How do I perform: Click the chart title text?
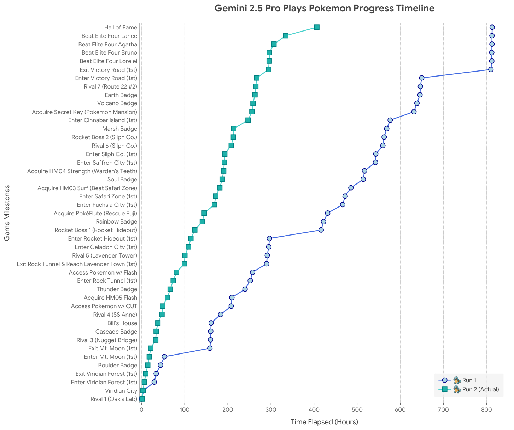click(324, 8)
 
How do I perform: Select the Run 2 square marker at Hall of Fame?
click(317, 27)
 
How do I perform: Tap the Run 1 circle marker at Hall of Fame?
click(492, 27)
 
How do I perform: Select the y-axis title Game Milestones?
click(7, 213)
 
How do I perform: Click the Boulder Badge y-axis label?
click(117, 366)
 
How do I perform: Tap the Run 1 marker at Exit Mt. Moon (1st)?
click(210, 348)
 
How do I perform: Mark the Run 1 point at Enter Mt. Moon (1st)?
click(164, 357)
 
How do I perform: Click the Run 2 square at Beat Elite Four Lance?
click(286, 36)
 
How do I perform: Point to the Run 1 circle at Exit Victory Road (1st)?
click(491, 69)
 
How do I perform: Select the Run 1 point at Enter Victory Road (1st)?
click(421, 78)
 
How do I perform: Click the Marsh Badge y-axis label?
click(119, 129)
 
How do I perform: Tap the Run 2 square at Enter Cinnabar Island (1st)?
click(248, 120)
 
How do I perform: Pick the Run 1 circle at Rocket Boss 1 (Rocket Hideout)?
click(321, 230)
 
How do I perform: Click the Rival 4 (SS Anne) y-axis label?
click(115, 315)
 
